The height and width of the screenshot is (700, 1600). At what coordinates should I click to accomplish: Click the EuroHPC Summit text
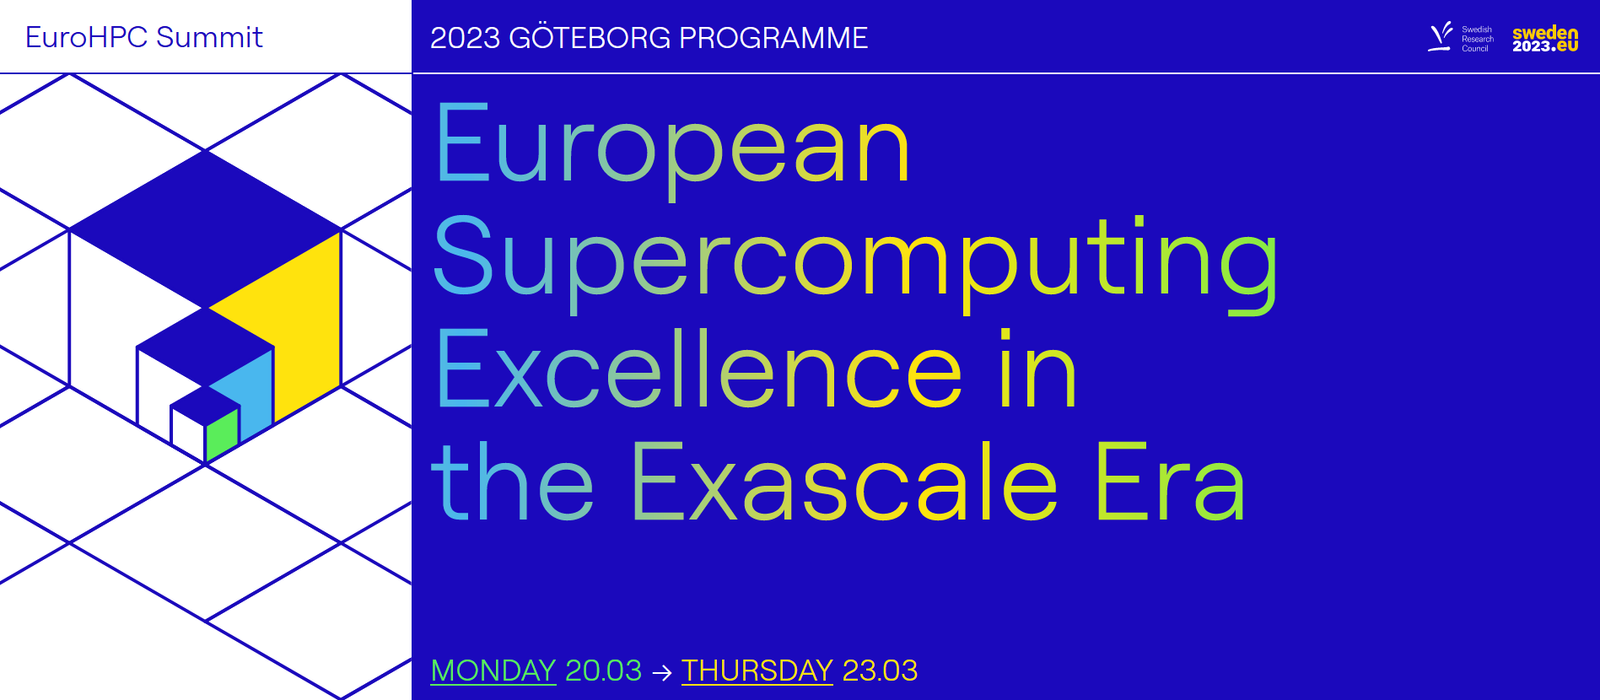point(143,38)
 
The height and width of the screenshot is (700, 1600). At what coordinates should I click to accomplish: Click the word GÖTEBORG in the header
point(589,38)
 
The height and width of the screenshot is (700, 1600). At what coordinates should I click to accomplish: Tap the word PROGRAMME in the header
point(773,38)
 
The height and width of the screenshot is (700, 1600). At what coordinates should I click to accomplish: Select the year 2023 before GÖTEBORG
point(465,38)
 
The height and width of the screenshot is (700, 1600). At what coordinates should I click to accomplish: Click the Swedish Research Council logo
point(1461,38)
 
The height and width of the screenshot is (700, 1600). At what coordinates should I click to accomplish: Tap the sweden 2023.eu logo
point(1544,39)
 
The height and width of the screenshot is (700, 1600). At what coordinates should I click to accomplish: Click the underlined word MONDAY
point(493,670)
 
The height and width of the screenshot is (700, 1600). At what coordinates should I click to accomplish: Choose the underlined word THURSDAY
point(757,670)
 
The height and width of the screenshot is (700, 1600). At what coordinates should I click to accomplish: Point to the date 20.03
point(603,670)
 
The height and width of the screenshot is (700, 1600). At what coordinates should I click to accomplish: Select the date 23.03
point(880,670)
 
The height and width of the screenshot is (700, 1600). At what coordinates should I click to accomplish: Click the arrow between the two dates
point(662,672)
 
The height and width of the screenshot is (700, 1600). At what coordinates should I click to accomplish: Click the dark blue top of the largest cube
point(205,225)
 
